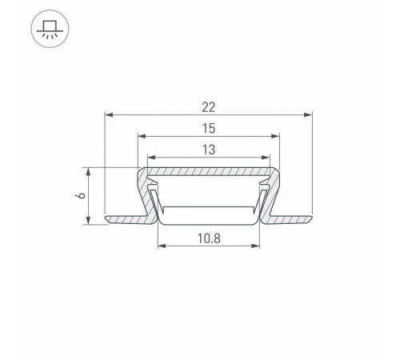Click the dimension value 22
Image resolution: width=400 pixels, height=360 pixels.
tap(208, 107)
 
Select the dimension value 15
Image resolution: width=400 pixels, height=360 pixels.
tap(209, 129)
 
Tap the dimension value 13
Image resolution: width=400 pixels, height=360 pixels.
tap(209, 150)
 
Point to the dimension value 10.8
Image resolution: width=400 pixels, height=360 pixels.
tap(209, 238)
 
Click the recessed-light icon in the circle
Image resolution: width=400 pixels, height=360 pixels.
tap(50, 29)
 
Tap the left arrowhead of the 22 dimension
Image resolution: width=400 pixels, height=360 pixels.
tap(109, 115)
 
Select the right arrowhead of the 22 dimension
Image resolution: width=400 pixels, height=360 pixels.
tap(308, 115)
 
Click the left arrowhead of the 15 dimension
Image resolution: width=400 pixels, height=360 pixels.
tap(142, 136)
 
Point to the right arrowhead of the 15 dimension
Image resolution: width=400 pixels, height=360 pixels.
tap(275, 136)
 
